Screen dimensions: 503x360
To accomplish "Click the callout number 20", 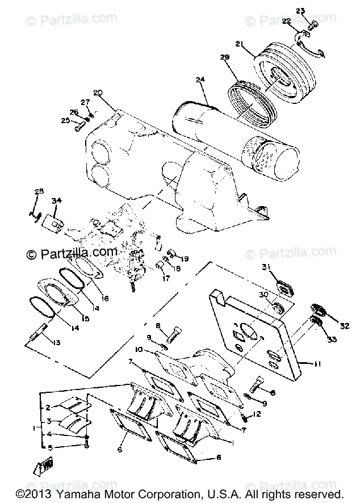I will (x=98, y=93).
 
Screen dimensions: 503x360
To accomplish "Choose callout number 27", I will (x=85, y=103).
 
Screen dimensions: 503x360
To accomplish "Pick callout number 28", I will (x=39, y=191).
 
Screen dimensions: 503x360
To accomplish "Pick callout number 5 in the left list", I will (x=49, y=447).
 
